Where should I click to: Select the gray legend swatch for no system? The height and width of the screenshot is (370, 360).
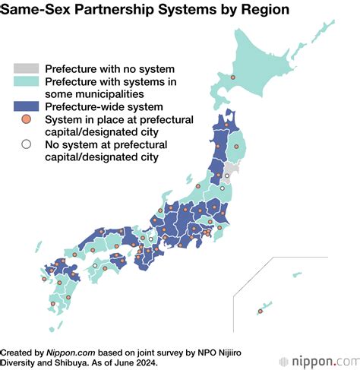[27, 68]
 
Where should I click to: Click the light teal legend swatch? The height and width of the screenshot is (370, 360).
[27, 82]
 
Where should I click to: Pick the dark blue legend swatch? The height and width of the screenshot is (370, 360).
[27, 108]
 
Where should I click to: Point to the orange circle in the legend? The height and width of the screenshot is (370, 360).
[27, 122]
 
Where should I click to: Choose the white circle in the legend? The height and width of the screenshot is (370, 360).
[27, 146]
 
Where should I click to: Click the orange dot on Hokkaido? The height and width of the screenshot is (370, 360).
[233, 78]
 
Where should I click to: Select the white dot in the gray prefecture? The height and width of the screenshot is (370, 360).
[226, 177]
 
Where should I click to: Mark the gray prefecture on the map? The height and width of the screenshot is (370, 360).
[230, 169]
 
